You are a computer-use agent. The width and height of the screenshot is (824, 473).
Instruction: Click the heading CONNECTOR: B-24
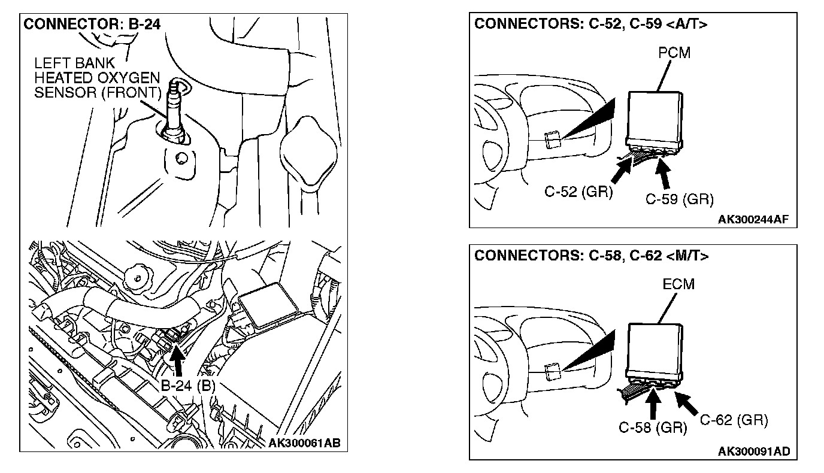[92, 25]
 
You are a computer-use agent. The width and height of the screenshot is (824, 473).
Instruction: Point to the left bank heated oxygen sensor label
[97, 78]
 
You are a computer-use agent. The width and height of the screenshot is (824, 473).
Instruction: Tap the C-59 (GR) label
[679, 199]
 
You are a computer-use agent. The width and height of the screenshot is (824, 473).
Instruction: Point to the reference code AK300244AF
[753, 220]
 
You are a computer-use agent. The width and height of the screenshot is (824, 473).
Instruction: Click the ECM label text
[678, 284]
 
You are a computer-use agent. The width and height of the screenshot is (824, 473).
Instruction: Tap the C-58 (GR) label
[653, 427]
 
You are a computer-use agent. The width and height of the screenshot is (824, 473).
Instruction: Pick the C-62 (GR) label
[734, 420]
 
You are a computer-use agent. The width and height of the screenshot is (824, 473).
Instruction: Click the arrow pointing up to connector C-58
[653, 403]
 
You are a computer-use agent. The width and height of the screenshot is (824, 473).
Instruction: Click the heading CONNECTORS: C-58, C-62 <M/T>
[592, 256]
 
